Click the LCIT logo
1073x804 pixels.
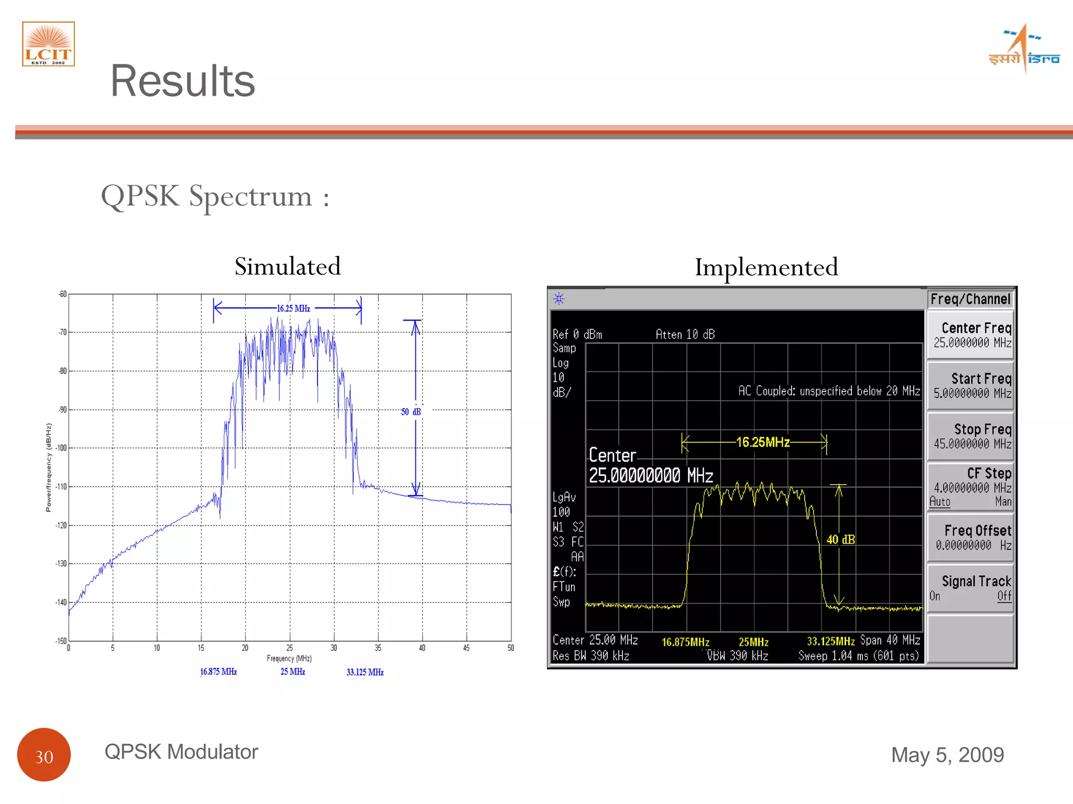click(48, 44)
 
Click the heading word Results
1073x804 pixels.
click(182, 81)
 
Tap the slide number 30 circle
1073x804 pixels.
click(44, 755)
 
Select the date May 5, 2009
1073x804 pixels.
click(947, 755)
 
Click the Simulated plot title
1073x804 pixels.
click(288, 266)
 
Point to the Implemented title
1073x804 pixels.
click(766, 267)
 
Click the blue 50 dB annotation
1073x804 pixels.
click(411, 412)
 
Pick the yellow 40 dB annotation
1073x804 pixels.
click(840, 540)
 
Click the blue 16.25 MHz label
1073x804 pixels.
click(293, 308)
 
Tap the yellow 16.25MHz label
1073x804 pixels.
click(763, 442)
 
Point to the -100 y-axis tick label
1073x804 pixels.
click(62, 448)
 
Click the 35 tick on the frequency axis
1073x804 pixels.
click(378, 648)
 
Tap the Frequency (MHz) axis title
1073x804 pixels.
click(289, 658)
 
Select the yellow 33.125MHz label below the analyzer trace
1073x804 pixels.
click(830, 642)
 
